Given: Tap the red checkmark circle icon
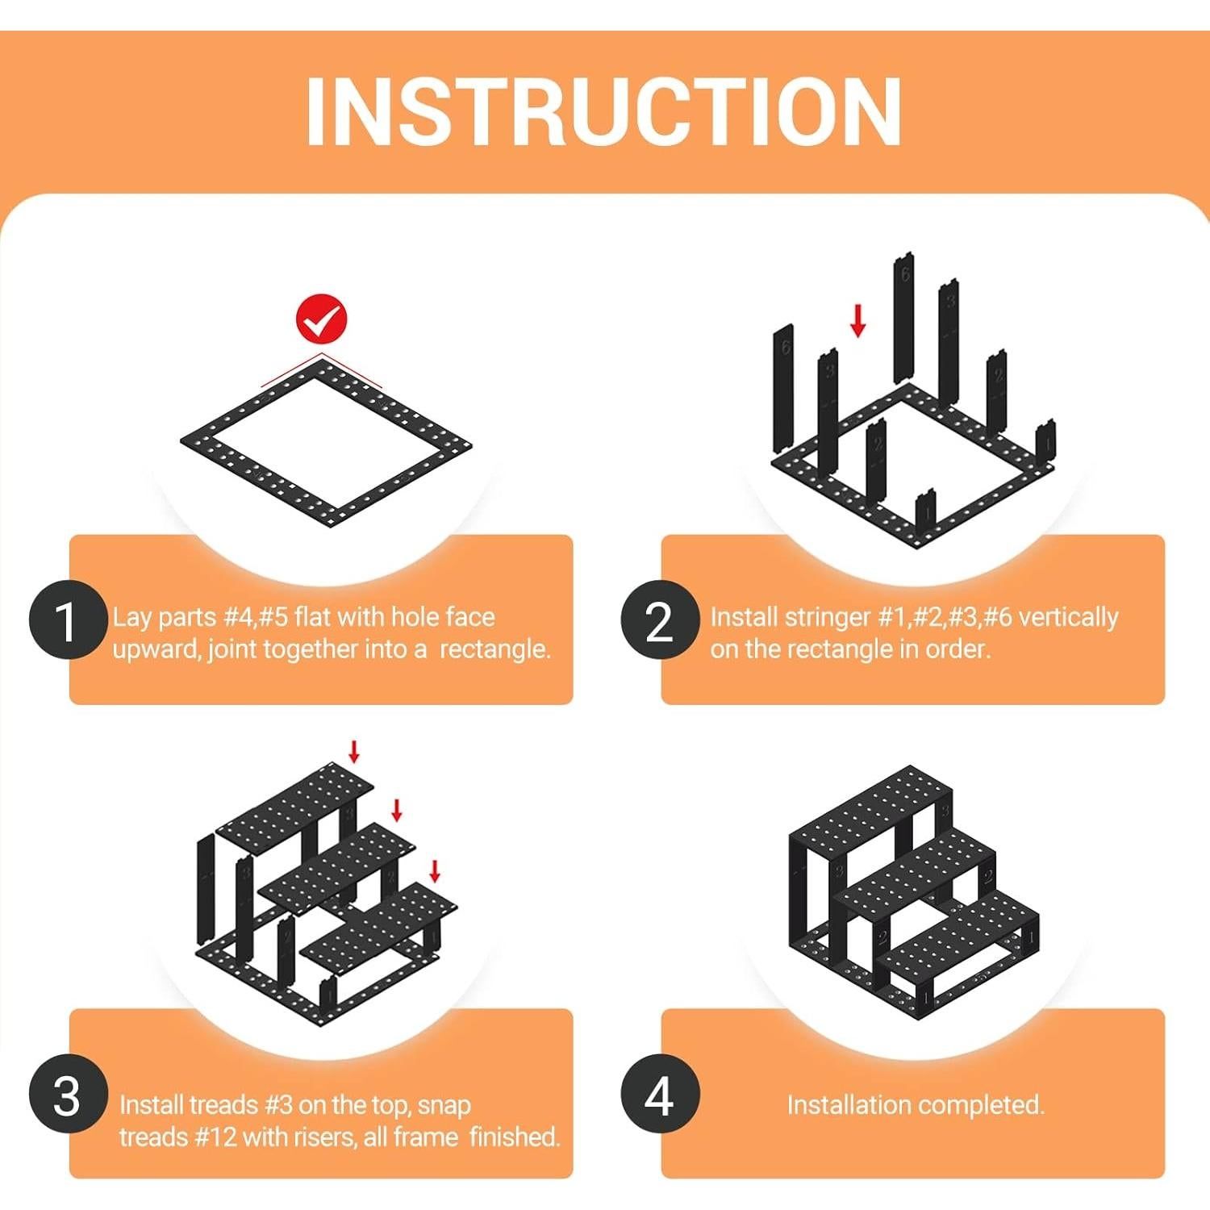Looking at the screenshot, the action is click(x=322, y=319).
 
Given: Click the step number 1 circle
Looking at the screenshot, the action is click(x=68, y=620).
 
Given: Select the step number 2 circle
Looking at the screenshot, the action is click(x=660, y=620).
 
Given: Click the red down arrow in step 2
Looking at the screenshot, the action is click(x=858, y=320).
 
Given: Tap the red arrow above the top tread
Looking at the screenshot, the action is click(x=353, y=751).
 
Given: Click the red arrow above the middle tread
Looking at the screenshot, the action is click(x=396, y=810).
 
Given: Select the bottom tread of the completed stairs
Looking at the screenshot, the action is click(x=960, y=928).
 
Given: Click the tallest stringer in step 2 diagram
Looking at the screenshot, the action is click(x=903, y=318).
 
